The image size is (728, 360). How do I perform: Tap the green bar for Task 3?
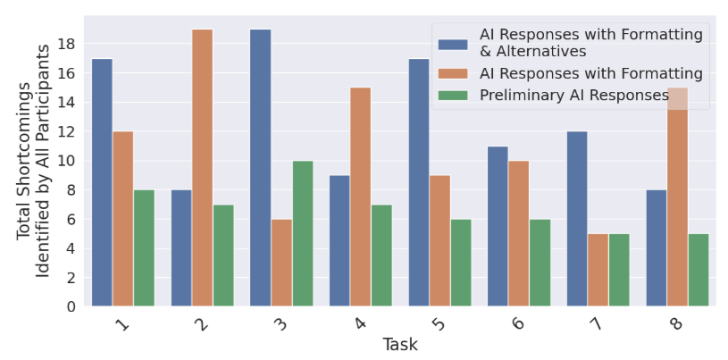[303, 233]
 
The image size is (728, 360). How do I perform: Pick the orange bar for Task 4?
[361, 197]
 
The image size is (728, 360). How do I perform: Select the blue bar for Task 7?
[577, 219]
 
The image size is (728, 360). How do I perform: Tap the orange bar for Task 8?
[677, 197]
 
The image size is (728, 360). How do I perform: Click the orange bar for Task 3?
[281, 263]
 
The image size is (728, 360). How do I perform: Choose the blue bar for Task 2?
[181, 247]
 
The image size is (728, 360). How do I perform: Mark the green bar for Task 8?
[698, 270]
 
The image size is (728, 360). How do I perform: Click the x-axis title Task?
[400, 345]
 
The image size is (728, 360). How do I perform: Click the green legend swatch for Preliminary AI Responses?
[455, 95]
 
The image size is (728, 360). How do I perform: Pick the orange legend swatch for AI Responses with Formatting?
[455, 73]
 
